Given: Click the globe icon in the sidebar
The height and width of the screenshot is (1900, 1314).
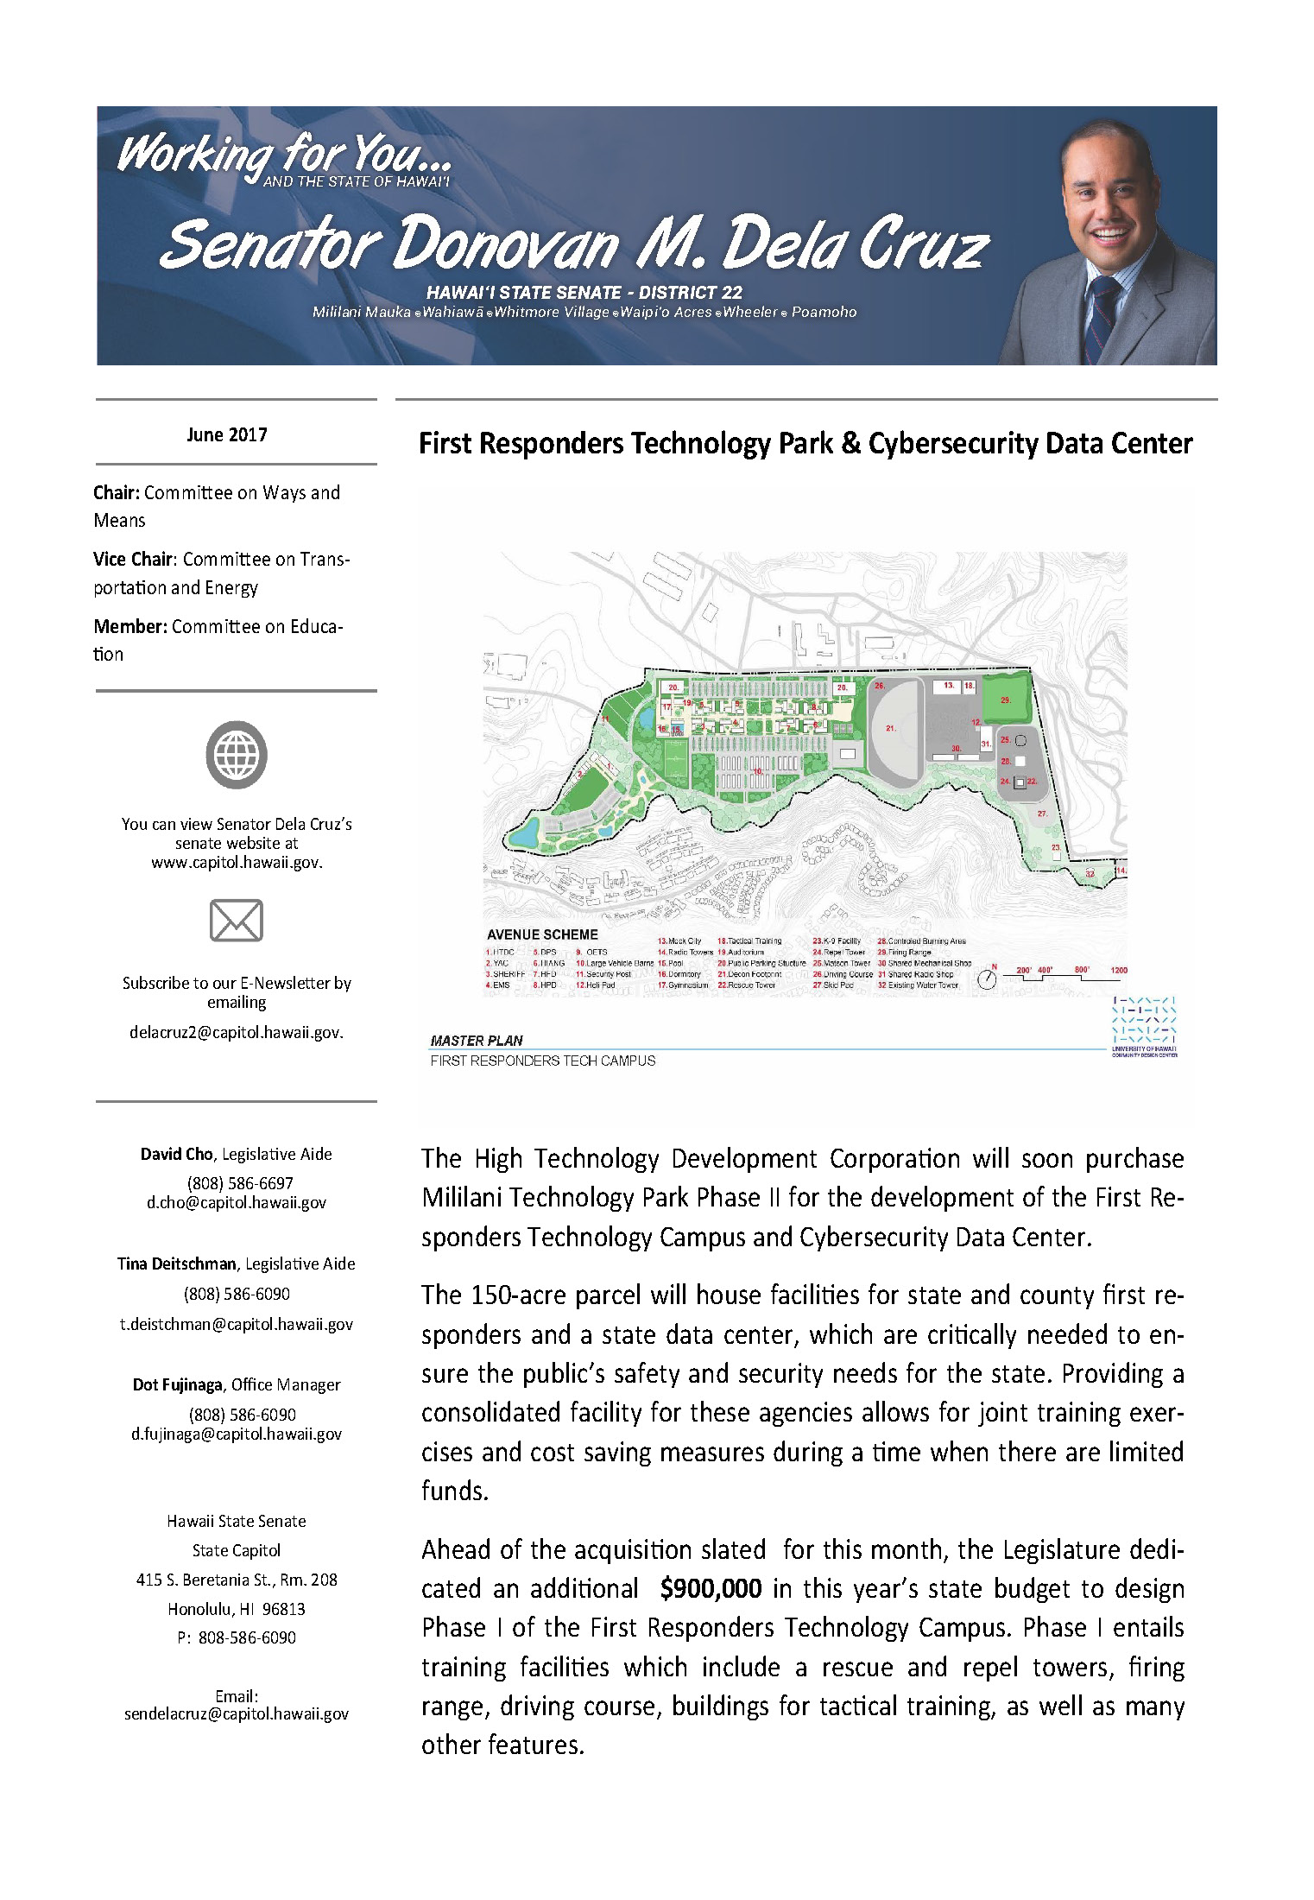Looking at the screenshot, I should (x=237, y=755).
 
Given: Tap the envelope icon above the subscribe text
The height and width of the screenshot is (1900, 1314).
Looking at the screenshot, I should (x=237, y=920).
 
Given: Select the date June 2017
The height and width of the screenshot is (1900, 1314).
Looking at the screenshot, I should (x=227, y=434).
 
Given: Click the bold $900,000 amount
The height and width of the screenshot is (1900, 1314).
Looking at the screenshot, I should (x=711, y=1588).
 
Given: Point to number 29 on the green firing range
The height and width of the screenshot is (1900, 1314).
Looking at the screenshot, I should (x=1006, y=700).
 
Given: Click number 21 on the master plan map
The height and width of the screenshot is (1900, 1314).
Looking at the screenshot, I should (x=891, y=728).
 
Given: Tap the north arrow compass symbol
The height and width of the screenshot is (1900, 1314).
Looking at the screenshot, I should (x=987, y=979).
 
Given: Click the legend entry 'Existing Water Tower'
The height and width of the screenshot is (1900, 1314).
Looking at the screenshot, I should (x=924, y=985).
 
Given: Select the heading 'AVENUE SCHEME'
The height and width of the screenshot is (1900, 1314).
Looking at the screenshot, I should (x=542, y=934).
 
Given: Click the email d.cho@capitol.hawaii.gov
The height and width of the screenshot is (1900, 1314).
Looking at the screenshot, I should (x=237, y=1202).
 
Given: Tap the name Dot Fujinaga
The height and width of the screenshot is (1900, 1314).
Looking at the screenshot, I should (x=178, y=1384).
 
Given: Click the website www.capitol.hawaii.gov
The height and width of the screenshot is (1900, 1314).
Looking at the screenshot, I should (x=237, y=862).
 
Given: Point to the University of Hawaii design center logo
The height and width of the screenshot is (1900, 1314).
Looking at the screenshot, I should (x=1144, y=1025).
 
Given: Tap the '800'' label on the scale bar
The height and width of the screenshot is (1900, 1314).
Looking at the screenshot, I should (x=1082, y=970).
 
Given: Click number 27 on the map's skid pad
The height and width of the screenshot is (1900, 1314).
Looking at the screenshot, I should (x=1042, y=814).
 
